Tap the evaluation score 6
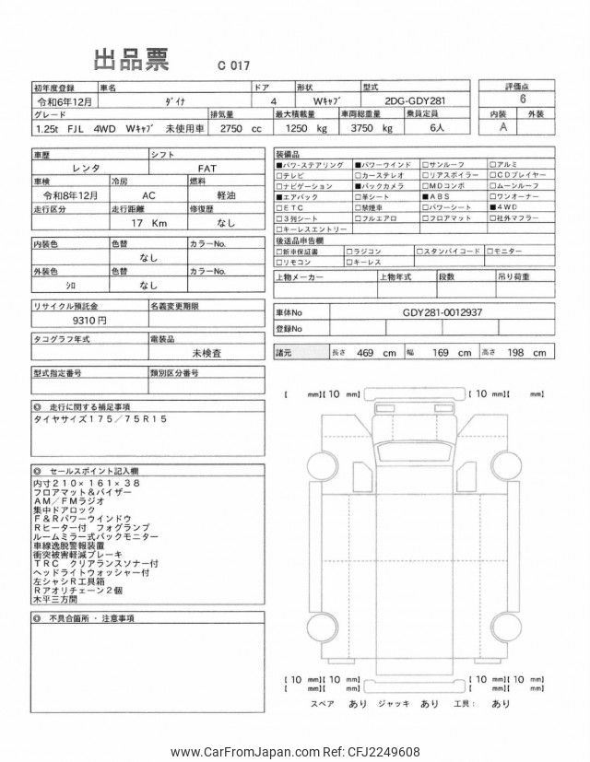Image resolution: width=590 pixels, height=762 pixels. tap(524, 100)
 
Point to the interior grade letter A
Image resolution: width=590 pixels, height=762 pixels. tap(502, 128)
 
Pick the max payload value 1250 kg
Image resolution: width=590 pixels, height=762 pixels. tap(308, 128)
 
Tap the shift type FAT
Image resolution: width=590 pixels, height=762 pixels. tap(206, 169)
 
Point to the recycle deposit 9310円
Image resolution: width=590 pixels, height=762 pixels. tap(88, 319)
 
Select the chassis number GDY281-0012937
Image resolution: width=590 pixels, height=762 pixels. tap(442, 311)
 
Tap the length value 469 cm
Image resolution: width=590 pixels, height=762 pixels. tap(377, 353)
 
